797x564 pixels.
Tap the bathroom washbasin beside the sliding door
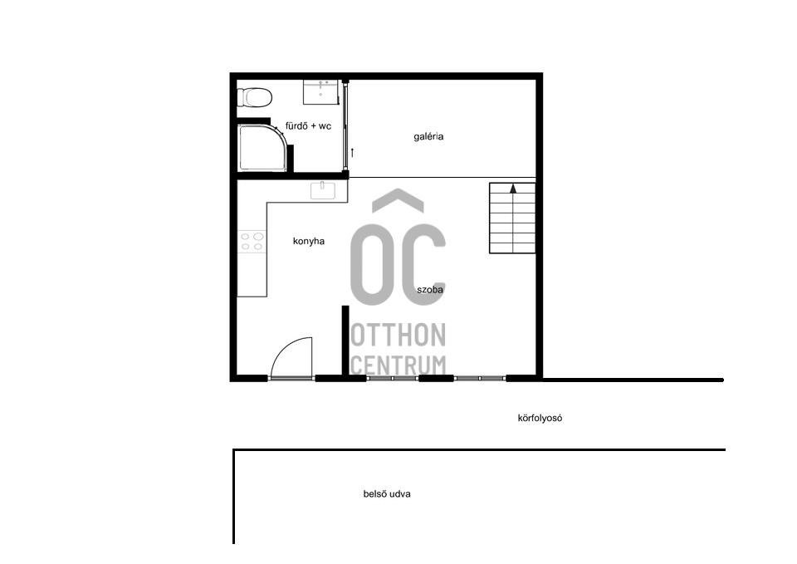click(x=320, y=91)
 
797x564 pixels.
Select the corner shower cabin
click(x=262, y=148)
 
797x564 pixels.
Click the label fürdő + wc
click(x=308, y=125)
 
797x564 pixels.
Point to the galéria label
click(x=428, y=136)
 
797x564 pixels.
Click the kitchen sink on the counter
click(x=323, y=191)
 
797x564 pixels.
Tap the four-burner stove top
click(x=252, y=242)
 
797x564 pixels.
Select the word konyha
click(x=309, y=241)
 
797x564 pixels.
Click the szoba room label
click(x=430, y=290)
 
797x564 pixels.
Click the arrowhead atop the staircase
click(x=513, y=189)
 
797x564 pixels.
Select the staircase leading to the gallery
click(x=512, y=218)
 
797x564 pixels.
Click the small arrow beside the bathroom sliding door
click(x=352, y=153)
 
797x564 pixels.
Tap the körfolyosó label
click(x=540, y=419)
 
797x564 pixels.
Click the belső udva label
click(x=387, y=494)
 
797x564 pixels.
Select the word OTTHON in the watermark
click(x=398, y=335)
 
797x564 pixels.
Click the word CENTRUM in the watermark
click(x=398, y=365)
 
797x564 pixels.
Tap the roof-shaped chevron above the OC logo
click(x=398, y=199)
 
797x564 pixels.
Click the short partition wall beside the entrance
click(x=345, y=341)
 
